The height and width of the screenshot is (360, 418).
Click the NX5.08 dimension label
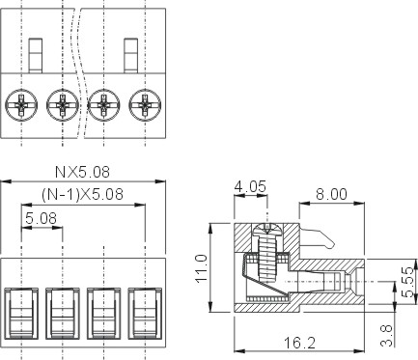point(82,172)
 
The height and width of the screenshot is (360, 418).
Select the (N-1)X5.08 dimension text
point(82,194)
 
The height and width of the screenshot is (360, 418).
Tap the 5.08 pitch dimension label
point(41,218)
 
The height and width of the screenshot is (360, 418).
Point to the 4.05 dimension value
point(250,186)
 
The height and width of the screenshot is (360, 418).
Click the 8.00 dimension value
point(331,194)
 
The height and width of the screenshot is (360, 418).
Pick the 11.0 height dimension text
point(202,268)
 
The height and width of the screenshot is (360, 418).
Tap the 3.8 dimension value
point(386,336)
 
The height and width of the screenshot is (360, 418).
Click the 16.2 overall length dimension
point(299,343)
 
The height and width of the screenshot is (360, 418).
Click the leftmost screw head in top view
point(21,105)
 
